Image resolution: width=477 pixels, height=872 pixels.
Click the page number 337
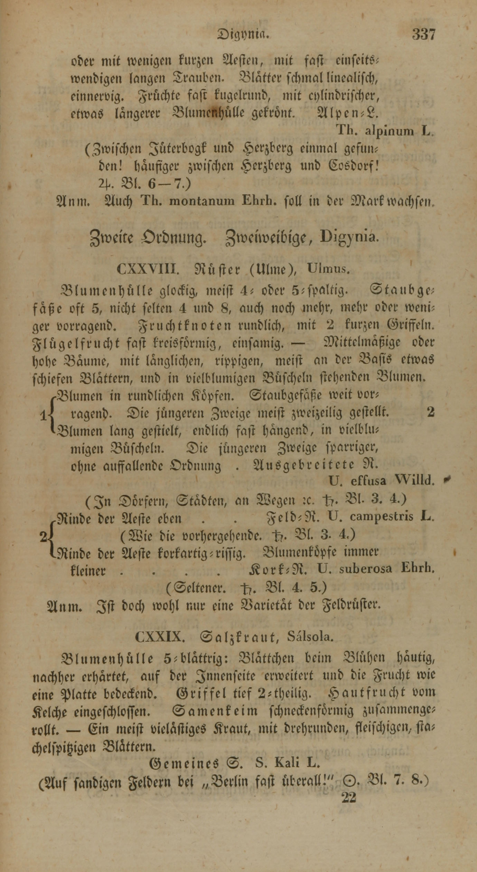pos(423,35)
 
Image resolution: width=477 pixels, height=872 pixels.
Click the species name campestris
pos(381,516)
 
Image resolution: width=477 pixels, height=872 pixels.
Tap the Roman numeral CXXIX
pos(158,637)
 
